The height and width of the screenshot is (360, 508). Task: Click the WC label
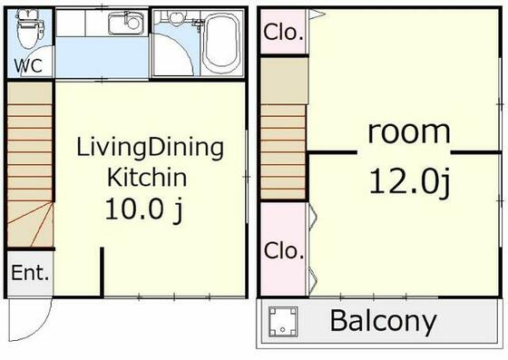coord(28,65)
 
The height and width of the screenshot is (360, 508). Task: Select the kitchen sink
coord(126,24)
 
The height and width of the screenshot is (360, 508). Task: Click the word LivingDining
coord(150,149)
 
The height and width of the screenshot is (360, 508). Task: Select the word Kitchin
coord(147,177)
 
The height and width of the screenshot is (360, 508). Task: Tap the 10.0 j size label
coord(144,209)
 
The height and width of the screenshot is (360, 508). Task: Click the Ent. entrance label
coord(30,273)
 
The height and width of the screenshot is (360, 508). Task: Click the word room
coord(409,132)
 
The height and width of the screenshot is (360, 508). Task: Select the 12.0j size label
coord(409,182)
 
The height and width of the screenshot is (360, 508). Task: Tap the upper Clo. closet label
coord(283,32)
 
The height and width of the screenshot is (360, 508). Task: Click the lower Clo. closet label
coord(283,250)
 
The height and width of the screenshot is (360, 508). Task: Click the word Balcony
coord(383,320)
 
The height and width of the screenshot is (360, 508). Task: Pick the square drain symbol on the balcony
coord(283,322)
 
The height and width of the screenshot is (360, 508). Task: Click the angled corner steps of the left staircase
coord(30,224)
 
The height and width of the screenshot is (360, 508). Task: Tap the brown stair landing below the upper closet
coord(284,81)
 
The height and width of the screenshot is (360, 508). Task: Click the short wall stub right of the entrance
coord(102,272)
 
